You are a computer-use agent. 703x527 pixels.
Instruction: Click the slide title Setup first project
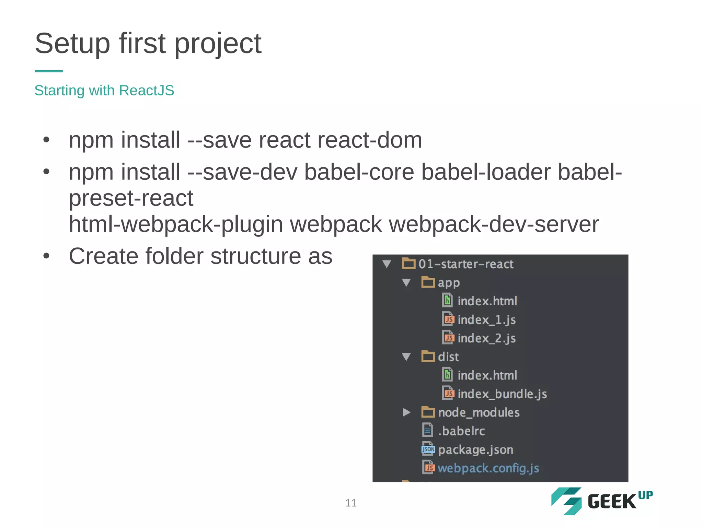tap(148, 44)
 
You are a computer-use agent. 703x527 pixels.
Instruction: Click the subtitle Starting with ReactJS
tap(104, 91)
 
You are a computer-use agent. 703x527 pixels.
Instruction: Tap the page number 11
tap(351, 503)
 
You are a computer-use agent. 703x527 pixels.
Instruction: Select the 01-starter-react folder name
tap(465, 264)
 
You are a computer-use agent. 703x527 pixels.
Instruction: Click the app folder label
tap(448, 283)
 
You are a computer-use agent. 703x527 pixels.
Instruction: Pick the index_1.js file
tap(486, 320)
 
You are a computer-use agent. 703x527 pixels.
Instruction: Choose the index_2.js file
tap(486, 338)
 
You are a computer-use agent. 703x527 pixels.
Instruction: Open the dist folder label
tap(448, 357)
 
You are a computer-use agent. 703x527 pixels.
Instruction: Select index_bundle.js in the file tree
tap(502, 394)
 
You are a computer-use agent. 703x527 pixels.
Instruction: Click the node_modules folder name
tap(479, 412)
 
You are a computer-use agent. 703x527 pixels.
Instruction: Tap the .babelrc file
tap(461, 431)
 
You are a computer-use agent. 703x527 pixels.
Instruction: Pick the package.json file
tap(475, 449)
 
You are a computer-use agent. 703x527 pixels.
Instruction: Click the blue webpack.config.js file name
tap(488, 468)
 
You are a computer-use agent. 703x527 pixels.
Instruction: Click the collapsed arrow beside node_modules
tap(406, 412)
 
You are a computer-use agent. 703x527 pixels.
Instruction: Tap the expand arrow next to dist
tap(406, 357)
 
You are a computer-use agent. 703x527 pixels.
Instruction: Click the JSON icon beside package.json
tap(428, 449)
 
